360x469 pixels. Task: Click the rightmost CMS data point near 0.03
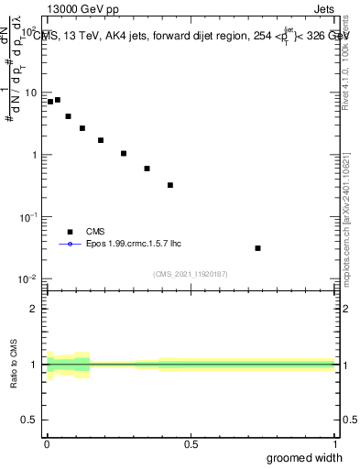click(258, 248)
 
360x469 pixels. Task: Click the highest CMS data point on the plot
click(58, 100)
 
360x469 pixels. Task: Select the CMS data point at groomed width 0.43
click(170, 185)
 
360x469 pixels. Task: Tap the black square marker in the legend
click(70, 233)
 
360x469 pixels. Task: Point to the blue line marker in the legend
click(70, 245)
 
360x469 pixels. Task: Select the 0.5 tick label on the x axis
click(191, 444)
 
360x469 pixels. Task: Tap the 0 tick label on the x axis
click(47, 444)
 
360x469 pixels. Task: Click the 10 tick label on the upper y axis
click(29, 93)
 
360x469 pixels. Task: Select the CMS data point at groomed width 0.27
click(124, 153)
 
